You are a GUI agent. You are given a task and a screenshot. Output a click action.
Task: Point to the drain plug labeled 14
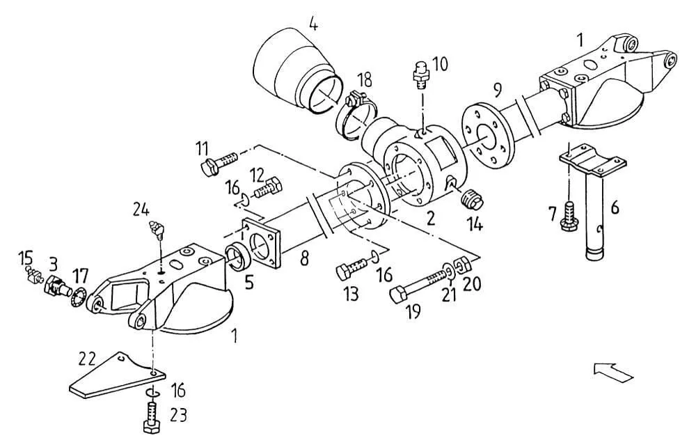[x=471, y=199]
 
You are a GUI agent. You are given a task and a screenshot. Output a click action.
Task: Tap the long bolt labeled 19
[x=419, y=282]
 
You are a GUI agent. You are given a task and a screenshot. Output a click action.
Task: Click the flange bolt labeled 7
[x=569, y=217]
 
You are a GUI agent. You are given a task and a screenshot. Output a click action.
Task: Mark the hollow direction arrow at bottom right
[x=613, y=372]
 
